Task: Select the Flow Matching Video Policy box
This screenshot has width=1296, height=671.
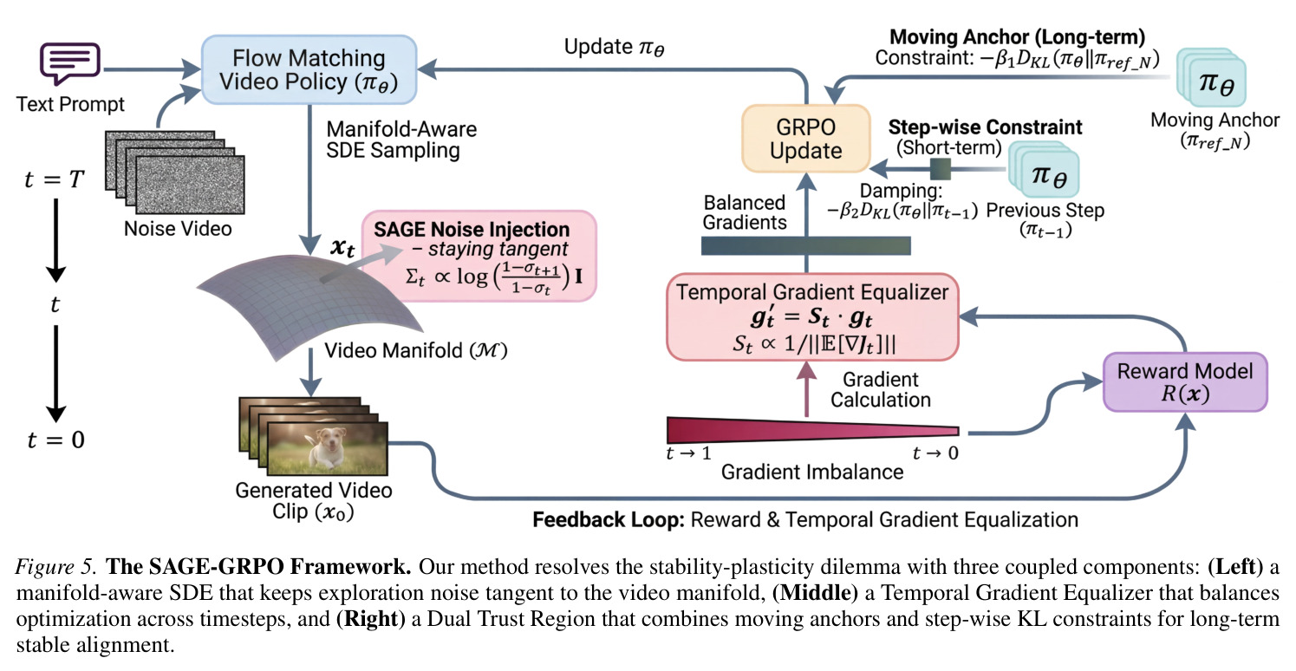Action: tap(309, 70)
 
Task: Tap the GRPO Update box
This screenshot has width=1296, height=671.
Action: tap(806, 139)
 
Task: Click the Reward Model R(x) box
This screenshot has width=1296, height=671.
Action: tap(1185, 382)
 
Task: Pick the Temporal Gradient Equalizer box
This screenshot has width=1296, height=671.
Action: tap(812, 317)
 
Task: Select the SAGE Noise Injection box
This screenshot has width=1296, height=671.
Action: tap(479, 257)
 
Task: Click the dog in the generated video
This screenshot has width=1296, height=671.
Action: tap(328, 446)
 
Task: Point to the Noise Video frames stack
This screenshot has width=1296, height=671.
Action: tap(175, 173)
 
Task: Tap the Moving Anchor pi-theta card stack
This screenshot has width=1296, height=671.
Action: tap(1211, 78)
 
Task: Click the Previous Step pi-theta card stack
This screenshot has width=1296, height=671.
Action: tap(1045, 171)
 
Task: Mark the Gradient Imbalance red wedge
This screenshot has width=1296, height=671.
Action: tap(812, 431)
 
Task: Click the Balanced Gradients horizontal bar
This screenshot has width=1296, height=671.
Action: tap(806, 246)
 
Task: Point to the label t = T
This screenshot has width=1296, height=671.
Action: tap(55, 179)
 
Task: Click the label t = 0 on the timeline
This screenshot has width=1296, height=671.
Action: tap(55, 440)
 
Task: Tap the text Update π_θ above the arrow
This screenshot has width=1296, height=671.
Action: tap(614, 48)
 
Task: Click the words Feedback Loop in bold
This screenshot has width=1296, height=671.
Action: tap(609, 519)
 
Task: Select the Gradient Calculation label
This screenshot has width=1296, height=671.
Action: tap(881, 389)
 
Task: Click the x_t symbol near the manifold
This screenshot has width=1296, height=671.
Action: tap(342, 248)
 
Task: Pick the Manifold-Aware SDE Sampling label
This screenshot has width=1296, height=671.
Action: tap(401, 140)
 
